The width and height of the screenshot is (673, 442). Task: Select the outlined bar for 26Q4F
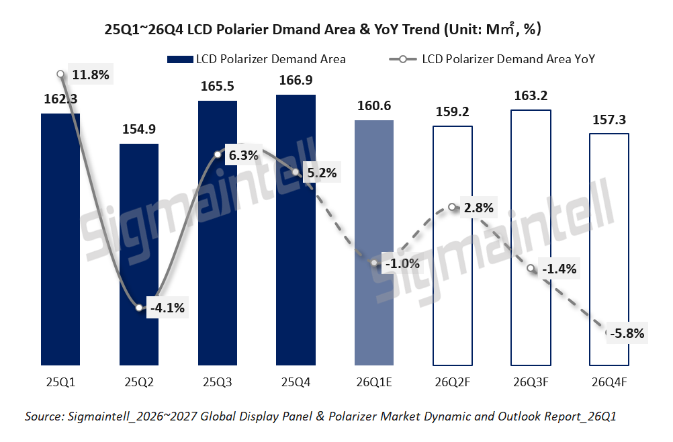(609, 249)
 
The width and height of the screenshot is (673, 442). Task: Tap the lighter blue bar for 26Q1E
(374, 242)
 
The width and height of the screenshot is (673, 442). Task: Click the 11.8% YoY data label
(90, 75)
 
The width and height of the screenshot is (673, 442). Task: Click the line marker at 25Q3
(218, 155)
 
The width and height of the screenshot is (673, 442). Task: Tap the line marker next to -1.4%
(531, 269)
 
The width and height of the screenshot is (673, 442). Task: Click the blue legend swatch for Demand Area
(179, 59)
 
